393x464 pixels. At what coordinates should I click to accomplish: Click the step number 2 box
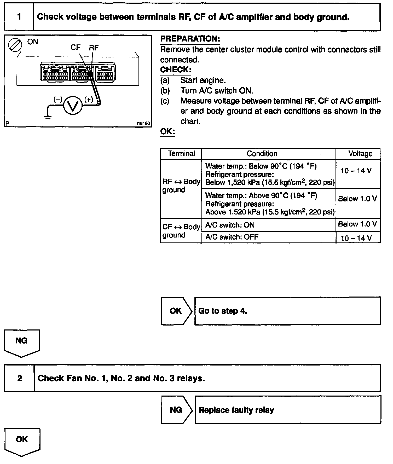coord(20,378)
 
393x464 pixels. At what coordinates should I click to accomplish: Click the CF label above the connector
coord(76,48)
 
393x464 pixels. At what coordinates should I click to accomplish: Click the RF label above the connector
coord(94,48)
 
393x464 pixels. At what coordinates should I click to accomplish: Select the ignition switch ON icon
coord(15,45)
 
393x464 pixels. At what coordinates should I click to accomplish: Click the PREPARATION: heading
coord(190,39)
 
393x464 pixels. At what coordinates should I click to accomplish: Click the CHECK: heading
coord(176,70)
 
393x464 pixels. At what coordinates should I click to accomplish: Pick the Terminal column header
coord(181,154)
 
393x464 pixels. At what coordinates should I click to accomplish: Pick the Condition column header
coord(262,154)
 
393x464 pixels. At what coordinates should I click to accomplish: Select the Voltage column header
coord(360,154)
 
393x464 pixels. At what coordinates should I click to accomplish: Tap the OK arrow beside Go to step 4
coord(176,311)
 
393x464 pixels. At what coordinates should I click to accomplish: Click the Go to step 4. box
coord(287,311)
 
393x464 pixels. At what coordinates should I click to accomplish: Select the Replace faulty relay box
coord(287,410)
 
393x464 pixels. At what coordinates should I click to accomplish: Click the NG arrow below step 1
coord(22,343)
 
